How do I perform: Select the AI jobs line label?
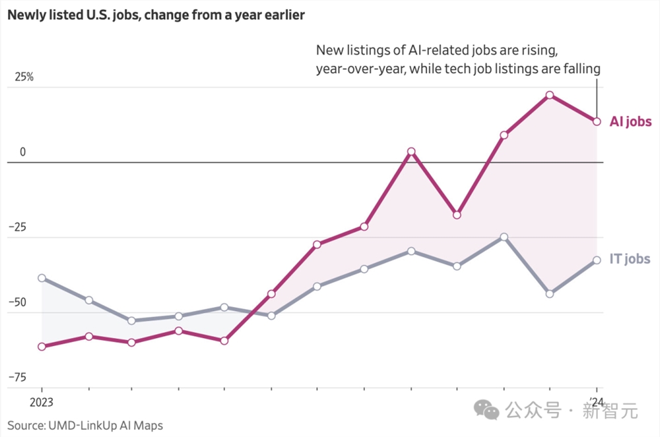tap(630, 121)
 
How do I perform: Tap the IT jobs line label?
tap(630, 259)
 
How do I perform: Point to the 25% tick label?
tap(24, 77)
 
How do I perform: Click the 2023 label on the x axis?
tap(41, 402)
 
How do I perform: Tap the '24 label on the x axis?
tap(597, 402)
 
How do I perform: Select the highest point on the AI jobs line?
tap(550, 95)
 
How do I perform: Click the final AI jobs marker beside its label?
tap(597, 121)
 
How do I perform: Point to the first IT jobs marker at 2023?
tap(42, 278)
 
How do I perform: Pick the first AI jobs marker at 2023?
tap(42, 347)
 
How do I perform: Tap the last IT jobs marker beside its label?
tap(597, 260)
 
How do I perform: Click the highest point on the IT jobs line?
tap(504, 237)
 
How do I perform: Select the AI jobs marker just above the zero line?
tap(411, 151)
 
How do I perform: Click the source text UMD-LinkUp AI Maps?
tap(85, 426)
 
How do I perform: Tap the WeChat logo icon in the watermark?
tap(488, 411)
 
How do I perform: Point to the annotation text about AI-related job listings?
tap(457, 59)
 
